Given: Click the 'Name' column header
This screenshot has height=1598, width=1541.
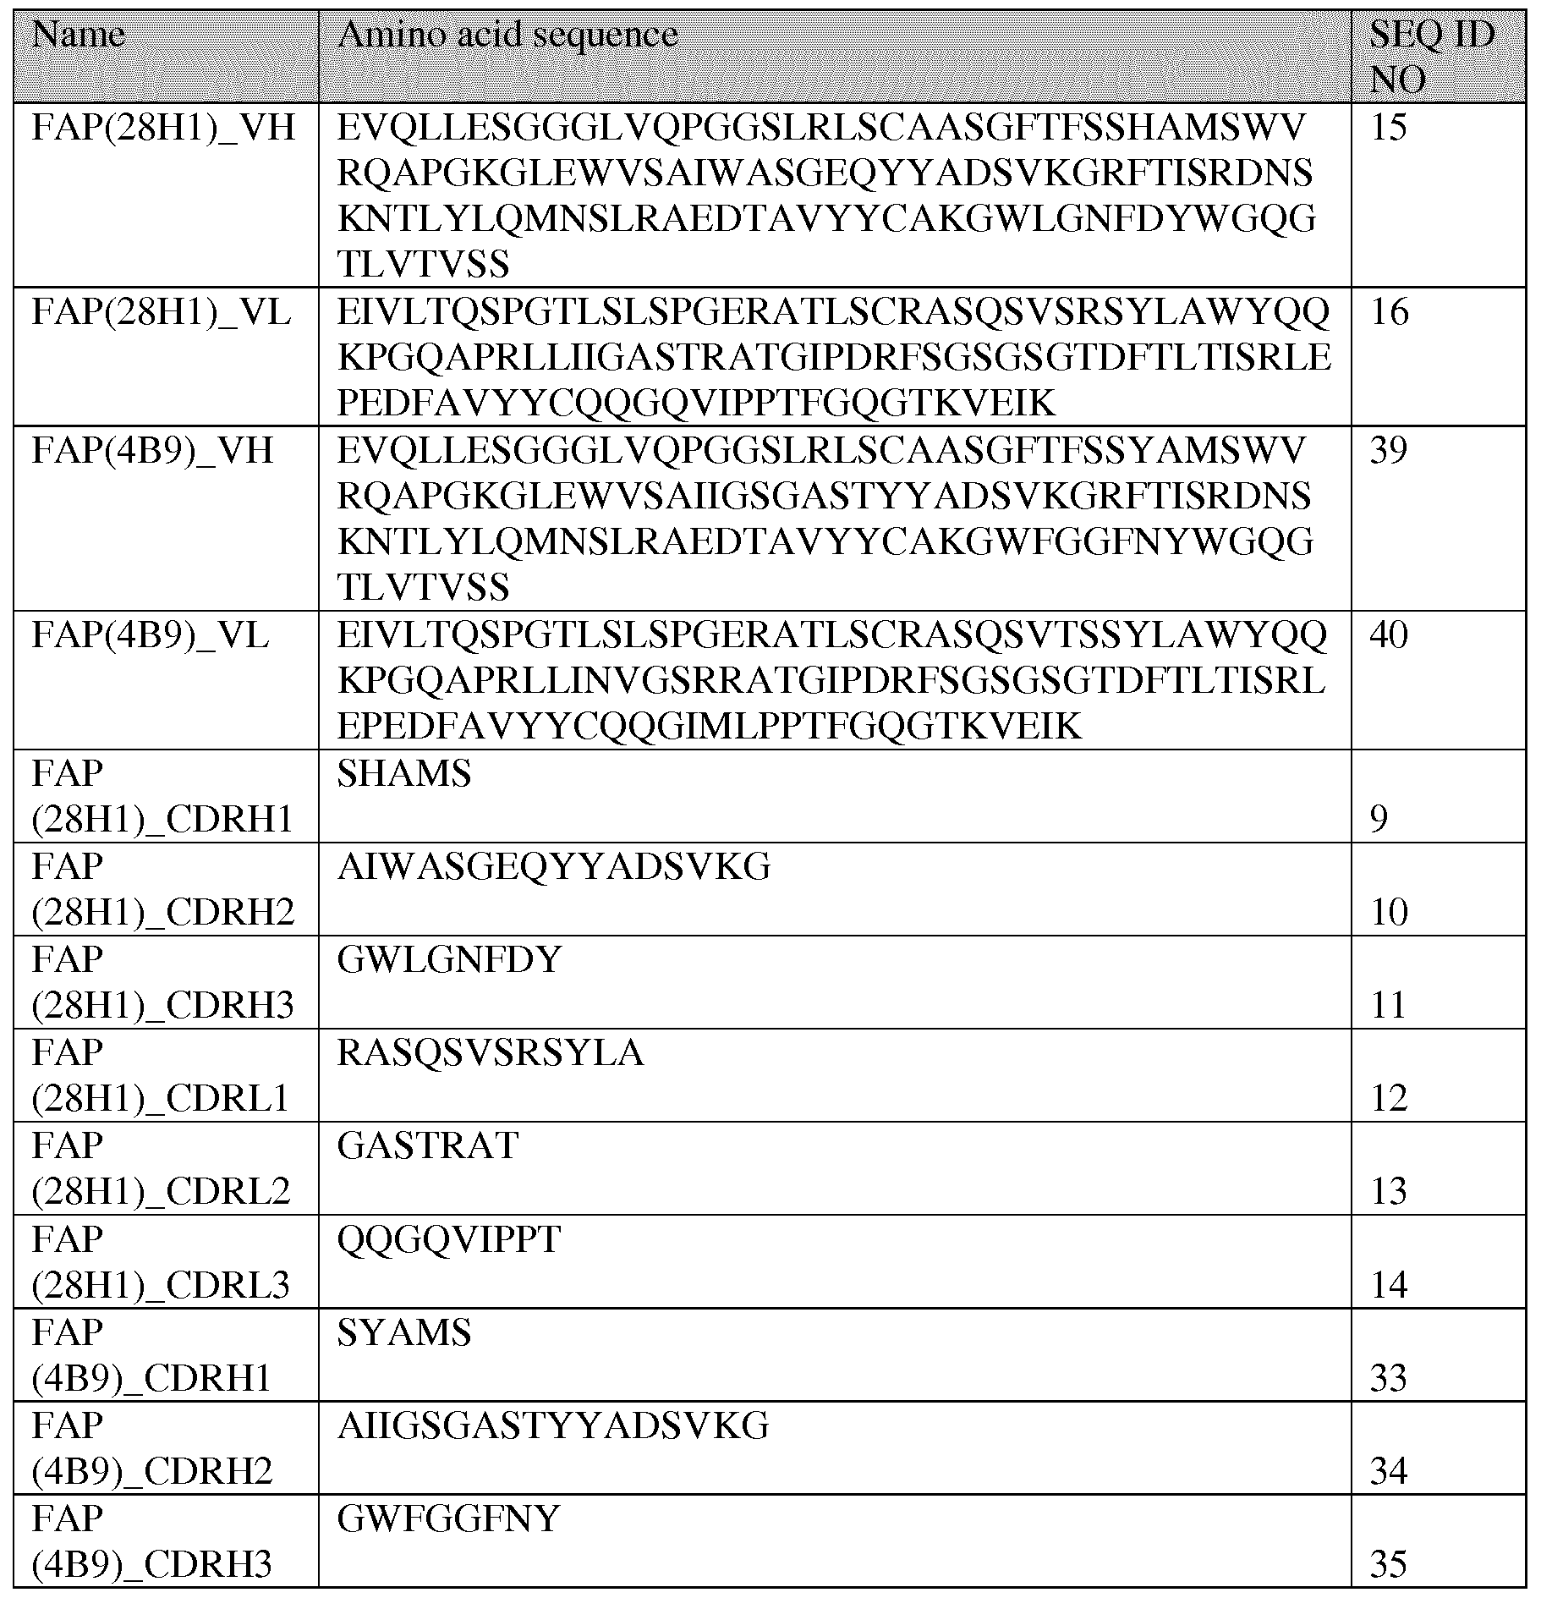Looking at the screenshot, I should click(x=79, y=36).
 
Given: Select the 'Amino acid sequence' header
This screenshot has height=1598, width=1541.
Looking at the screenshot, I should click(x=507, y=36).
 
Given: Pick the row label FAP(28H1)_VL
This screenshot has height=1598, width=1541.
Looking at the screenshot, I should click(x=162, y=313).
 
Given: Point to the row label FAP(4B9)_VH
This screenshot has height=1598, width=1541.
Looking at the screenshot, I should click(x=153, y=451).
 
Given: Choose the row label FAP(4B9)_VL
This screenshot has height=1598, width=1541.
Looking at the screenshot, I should click(x=151, y=635).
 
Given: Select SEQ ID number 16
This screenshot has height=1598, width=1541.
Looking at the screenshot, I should click(x=1389, y=313).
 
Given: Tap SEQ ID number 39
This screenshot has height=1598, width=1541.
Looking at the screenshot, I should click(x=1389, y=451).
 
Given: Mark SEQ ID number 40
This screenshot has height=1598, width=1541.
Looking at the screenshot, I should click(x=1389, y=635).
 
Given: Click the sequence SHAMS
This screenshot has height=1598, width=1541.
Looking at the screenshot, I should click(x=404, y=774).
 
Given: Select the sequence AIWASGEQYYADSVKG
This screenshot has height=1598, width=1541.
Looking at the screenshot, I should click(x=554, y=867).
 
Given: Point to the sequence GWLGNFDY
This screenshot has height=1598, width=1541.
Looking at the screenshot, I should click(x=449, y=960).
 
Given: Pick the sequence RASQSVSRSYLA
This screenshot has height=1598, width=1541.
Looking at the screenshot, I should click(x=491, y=1053).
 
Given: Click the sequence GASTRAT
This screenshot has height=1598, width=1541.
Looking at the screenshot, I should click(x=428, y=1146).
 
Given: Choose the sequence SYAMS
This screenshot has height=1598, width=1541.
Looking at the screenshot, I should click(x=404, y=1333).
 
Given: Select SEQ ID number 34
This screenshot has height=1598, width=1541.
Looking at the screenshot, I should click(x=1389, y=1473).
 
